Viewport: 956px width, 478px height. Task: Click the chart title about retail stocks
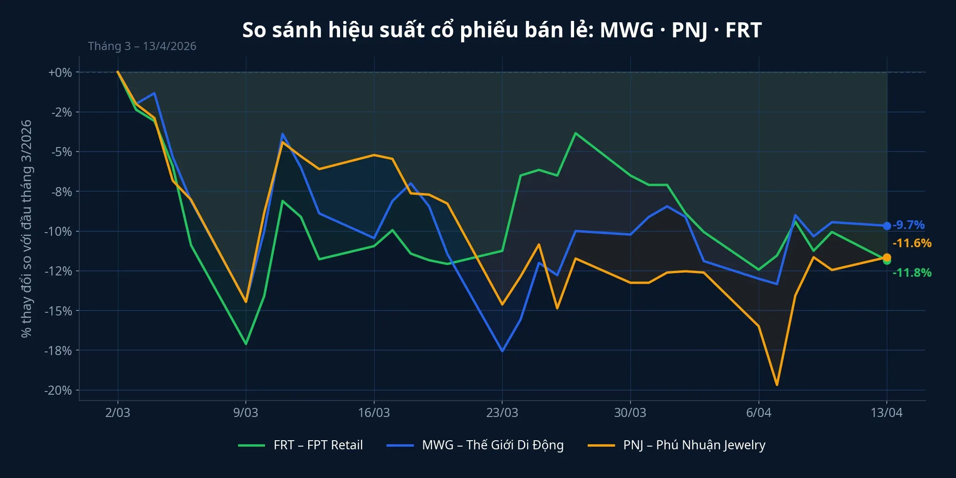(502, 30)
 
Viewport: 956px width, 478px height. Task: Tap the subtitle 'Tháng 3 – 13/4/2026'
(142, 46)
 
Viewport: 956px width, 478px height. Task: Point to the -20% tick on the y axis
(58, 390)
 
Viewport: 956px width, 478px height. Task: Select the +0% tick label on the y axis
(60, 72)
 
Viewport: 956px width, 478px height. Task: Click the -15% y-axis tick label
(58, 311)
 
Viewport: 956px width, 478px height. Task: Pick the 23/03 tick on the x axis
(502, 412)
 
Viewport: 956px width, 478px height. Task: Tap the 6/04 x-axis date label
(758, 412)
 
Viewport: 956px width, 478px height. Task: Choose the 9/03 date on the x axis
(246, 412)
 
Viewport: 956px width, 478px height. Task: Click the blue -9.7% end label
(908, 225)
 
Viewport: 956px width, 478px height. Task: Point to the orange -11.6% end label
(912, 243)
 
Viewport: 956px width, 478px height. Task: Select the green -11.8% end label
(912, 273)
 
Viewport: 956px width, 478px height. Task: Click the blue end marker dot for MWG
(887, 226)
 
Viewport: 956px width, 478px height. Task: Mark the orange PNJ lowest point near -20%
(777, 385)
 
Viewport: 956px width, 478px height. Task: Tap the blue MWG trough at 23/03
(502, 351)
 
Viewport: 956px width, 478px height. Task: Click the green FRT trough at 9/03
(246, 344)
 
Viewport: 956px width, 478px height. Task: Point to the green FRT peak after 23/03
(575, 133)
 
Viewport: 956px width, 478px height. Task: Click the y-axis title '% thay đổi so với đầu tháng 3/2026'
(26, 229)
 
